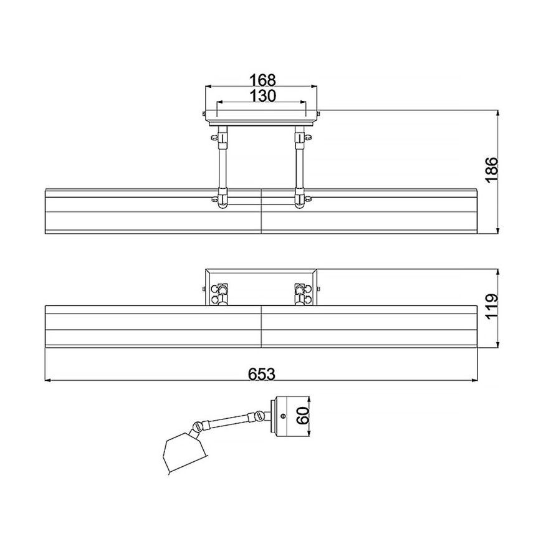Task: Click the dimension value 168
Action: [x=262, y=80]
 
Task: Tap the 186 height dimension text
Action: [x=491, y=170]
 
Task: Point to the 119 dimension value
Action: [x=491, y=307]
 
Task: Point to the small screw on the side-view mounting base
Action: [x=284, y=416]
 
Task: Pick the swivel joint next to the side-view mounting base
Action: [x=256, y=416]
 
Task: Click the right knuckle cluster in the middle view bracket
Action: [x=302, y=294]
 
